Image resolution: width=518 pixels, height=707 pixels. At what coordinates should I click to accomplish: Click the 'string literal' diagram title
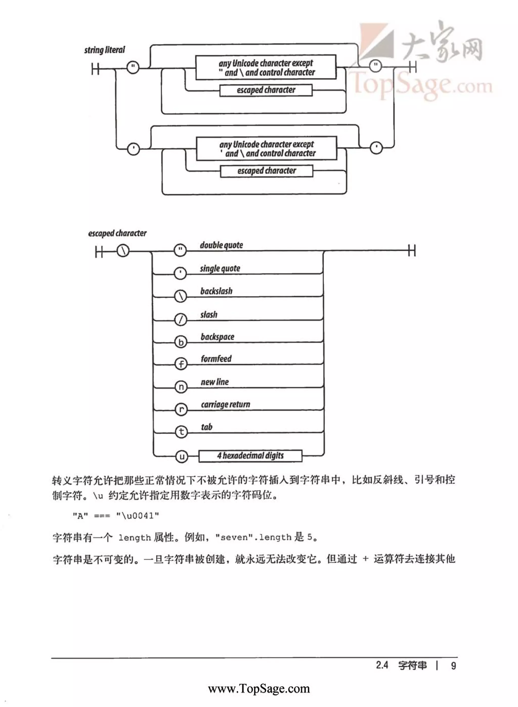104,50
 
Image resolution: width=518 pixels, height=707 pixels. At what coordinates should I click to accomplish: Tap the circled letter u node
182,456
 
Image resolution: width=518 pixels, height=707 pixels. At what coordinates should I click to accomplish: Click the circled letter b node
181,342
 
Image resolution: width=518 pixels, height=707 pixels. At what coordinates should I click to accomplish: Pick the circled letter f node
181,364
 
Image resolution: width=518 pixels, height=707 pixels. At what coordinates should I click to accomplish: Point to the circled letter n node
181,387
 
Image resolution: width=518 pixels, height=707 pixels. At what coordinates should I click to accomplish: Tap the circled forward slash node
181,320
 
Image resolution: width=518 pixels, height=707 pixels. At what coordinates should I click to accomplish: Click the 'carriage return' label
225,404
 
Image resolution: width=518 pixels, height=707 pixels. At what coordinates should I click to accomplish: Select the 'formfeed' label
216,358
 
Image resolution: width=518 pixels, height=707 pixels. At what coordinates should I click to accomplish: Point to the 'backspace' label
217,337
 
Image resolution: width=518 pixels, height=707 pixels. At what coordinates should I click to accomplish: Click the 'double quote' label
221,245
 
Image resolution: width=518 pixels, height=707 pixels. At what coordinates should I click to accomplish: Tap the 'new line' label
215,382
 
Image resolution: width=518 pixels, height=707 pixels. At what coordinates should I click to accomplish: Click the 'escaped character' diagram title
117,233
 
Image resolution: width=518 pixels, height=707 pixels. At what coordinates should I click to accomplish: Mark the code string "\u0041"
138,516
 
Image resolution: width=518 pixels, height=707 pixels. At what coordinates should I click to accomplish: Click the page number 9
454,665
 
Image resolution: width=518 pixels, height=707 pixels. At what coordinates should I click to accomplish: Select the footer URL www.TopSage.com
259,689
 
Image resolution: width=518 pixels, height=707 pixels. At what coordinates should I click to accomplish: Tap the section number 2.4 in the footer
382,665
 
